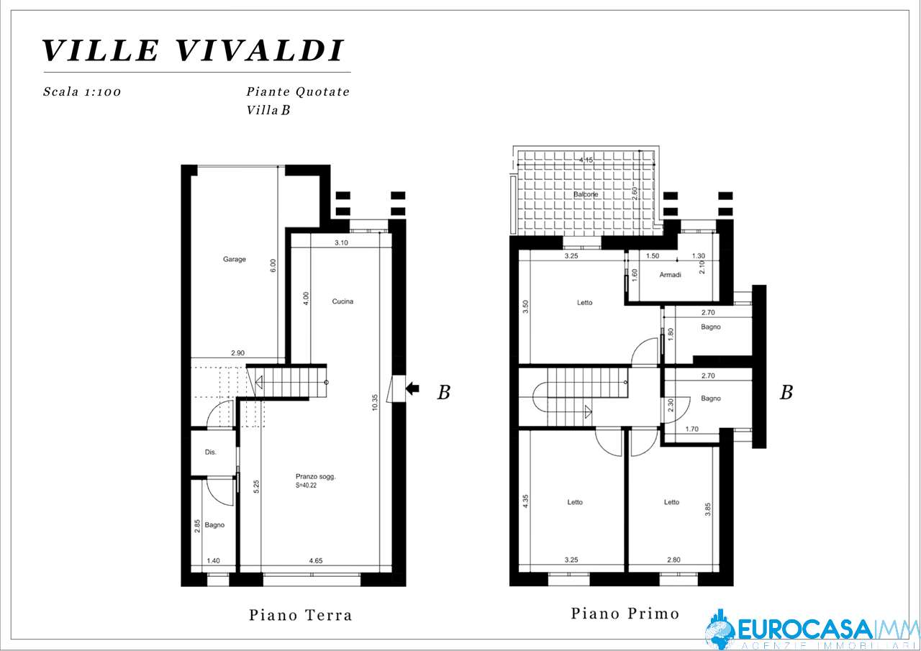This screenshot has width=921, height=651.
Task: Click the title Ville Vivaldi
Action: point(192,50)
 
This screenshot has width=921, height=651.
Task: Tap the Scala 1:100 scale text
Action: point(82,91)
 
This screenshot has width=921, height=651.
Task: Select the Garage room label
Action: point(235,260)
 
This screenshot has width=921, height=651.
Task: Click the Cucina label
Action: point(342,301)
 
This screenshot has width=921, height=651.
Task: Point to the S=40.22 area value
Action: point(306,486)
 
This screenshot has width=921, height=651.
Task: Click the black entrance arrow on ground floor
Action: point(412,388)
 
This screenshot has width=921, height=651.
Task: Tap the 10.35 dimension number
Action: point(375,403)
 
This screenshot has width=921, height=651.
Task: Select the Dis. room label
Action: point(211,452)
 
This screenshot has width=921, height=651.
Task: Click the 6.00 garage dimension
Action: point(273,265)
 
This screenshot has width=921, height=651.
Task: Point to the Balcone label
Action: point(586,194)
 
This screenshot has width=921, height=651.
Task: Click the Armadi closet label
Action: point(670,275)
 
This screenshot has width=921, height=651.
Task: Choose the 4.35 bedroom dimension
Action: point(525,501)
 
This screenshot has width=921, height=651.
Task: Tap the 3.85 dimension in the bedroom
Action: point(707,509)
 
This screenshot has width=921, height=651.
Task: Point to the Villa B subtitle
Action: point(268,110)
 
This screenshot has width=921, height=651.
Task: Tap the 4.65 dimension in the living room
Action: point(316,560)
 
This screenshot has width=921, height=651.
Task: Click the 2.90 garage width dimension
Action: point(237,352)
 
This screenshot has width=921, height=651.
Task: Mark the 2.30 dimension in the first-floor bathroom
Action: point(671,406)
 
